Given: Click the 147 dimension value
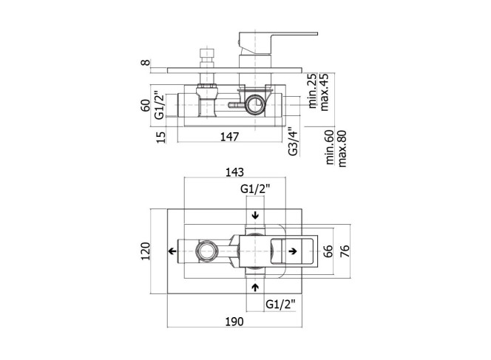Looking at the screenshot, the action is [229, 137].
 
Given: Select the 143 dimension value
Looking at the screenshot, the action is [234, 172].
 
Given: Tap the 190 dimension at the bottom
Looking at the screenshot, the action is [234, 322].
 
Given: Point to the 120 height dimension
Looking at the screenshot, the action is [146, 251].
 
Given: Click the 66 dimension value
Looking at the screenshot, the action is [328, 251].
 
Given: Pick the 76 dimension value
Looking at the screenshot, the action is [345, 251].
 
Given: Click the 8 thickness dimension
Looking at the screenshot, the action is [145, 63].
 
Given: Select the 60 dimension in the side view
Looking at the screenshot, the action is [145, 106].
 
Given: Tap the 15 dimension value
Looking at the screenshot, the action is [160, 137].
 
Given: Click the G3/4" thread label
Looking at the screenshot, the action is [293, 141].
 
